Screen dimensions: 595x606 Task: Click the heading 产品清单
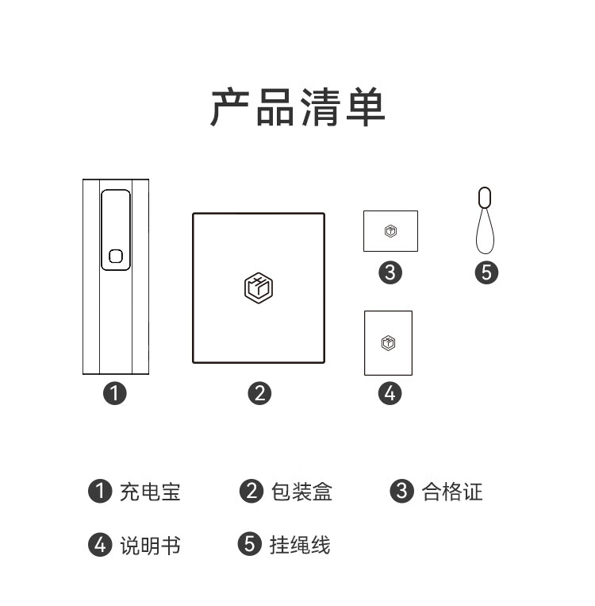coord(297,107)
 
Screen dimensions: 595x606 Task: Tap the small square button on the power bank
coord(115,256)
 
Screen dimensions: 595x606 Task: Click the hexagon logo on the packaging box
coord(259,288)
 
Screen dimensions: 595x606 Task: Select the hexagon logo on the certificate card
coord(390,231)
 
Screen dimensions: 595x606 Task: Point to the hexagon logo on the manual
coord(388,343)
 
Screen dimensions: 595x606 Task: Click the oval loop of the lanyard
coord(485,197)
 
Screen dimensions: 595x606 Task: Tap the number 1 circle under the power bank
coord(115,392)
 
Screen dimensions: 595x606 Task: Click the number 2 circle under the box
coord(259,392)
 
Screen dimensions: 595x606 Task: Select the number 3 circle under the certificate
coord(390,272)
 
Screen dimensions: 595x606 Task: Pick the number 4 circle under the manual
coord(390,392)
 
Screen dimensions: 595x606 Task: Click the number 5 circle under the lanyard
coord(486,272)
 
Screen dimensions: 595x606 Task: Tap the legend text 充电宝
coord(150,492)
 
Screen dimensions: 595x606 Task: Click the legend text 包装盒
coord(301,492)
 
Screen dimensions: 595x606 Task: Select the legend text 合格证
coord(452,492)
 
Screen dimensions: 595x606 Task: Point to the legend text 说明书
coord(150,545)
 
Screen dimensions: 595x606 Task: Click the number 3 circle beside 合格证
coord(402,491)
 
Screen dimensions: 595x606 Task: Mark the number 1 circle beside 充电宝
coord(99,491)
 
